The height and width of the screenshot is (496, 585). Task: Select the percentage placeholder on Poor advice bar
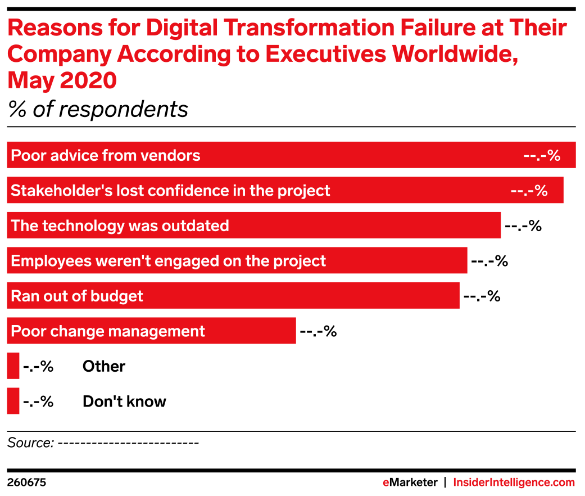(542, 156)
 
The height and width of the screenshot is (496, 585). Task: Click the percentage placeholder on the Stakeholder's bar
(529, 191)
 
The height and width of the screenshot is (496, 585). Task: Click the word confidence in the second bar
(181, 191)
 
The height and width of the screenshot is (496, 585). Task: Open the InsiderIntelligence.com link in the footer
(514, 483)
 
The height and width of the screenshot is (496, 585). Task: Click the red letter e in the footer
(386, 483)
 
